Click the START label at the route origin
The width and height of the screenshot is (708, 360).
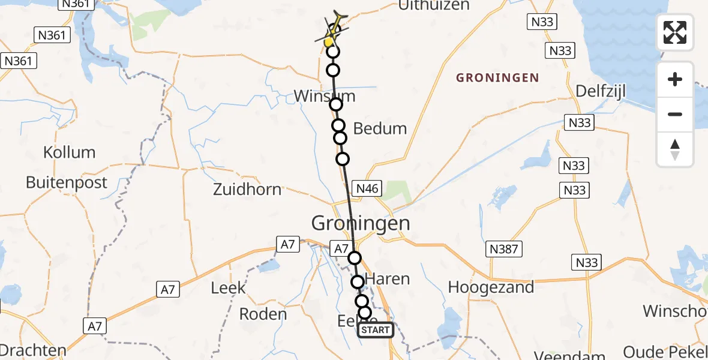click(x=376, y=330)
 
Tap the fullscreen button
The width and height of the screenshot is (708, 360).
click(x=675, y=32)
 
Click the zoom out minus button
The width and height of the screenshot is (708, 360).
click(x=675, y=114)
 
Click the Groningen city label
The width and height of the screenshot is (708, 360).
click(x=361, y=224)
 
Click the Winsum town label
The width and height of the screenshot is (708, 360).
click(x=325, y=96)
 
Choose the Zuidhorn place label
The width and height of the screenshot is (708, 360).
click(x=247, y=190)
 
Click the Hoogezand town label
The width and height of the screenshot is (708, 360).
click(x=491, y=287)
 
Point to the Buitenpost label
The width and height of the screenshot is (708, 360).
click(x=67, y=182)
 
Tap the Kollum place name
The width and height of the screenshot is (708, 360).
click(x=70, y=152)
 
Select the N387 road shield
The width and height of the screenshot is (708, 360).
click(x=504, y=248)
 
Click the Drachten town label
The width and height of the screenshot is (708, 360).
click(x=33, y=350)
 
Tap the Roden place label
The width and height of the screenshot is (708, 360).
click(x=263, y=314)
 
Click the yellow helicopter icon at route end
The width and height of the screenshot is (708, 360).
click(x=334, y=30)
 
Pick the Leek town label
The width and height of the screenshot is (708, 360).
click(x=228, y=288)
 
